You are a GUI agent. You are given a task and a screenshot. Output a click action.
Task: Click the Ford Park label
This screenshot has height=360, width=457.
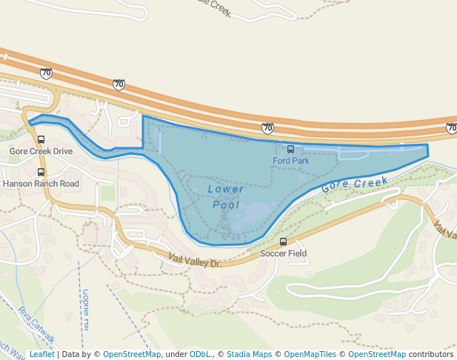(x=290, y=160)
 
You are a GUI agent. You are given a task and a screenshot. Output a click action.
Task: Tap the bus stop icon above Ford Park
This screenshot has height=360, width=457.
(x=290, y=150)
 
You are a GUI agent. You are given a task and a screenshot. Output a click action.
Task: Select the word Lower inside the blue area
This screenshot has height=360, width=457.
(x=226, y=189)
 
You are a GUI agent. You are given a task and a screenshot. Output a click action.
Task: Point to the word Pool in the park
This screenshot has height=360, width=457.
(x=226, y=204)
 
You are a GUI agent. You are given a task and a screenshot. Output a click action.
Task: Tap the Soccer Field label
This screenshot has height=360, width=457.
(x=283, y=253)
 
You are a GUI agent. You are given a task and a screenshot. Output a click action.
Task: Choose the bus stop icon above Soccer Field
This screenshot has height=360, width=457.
(x=283, y=242)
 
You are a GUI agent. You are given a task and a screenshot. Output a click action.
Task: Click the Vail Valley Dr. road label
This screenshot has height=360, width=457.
(x=195, y=260)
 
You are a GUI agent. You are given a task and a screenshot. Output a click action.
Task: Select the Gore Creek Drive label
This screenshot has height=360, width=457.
(x=41, y=151)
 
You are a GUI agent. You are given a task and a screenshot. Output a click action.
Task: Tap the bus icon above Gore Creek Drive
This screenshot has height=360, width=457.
(x=41, y=139)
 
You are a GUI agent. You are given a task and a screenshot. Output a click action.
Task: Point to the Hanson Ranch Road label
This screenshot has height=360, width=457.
(x=41, y=184)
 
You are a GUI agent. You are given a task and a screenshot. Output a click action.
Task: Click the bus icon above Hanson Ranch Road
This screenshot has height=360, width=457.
(x=41, y=173)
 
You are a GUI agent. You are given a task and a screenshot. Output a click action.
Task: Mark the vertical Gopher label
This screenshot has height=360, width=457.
(x=86, y=309)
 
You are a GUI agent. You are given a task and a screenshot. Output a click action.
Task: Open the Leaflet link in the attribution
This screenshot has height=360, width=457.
(x=41, y=354)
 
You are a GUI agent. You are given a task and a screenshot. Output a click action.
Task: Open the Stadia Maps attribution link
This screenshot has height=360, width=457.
(x=249, y=354)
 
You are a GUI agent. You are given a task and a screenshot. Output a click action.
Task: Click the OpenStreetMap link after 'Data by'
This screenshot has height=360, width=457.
(x=132, y=354)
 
